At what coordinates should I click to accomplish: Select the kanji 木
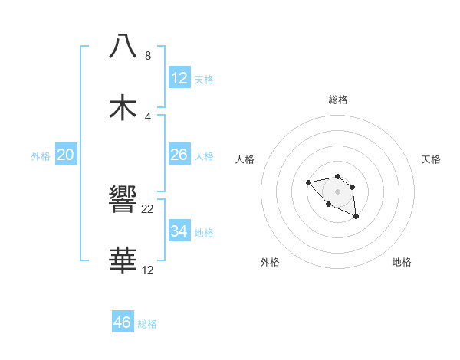tap(123, 107)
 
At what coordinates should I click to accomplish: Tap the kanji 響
tap(123, 200)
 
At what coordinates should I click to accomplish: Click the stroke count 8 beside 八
tap(148, 56)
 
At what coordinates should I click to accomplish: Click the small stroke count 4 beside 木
tap(148, 117)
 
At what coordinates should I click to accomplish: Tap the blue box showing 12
tap(179, 78)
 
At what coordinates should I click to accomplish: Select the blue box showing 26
tap(179, 155)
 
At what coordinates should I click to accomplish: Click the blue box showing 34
tap(179, 231)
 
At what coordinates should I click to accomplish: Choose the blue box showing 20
tap(66, 155)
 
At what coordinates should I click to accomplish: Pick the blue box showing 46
tap(123, 322)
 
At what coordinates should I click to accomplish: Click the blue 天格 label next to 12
tap(204, 80)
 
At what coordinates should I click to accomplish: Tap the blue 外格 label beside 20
tap(41, 156)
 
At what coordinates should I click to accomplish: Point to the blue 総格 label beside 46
tap(147, 324)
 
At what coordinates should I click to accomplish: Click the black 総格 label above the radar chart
tap(338, 100)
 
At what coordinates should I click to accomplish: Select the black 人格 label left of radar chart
tap(245, 159)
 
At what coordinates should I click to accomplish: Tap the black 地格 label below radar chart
tap(402, 262)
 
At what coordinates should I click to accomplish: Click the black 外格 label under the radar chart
tap(270, 262)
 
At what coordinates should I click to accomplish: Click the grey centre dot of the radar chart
tap(337, 191)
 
